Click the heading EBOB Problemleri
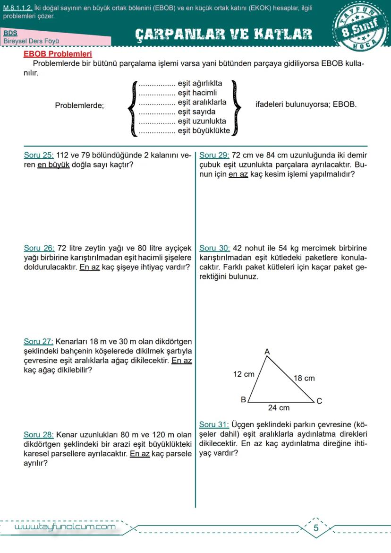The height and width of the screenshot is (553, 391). click(x=58, y=54)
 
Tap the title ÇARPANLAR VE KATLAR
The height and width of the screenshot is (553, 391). click(x=223, y=34)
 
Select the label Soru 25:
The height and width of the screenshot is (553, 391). click(x=39, y=155)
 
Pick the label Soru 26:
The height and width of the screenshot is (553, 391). click(x=39, y=248)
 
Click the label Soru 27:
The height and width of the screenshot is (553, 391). click(x=39, y=341)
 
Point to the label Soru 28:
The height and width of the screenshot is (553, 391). click(x=39, y=435)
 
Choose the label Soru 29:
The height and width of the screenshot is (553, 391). click(x=215, y=155)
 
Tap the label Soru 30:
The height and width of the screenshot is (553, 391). click(x=215, y=248)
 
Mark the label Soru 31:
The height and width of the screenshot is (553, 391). click(x=214, y=424)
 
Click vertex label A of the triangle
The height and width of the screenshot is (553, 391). click(x=267, y=352)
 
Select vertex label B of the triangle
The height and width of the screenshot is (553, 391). click(x=244, y=400)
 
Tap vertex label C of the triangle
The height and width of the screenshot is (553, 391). click(x=319, y=401)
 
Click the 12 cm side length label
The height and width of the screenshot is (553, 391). click(x=244, y=374)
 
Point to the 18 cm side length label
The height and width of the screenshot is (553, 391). click(x=304, y=378)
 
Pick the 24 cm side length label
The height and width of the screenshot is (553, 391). click(x=279, y=408)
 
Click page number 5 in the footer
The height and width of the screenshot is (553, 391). click(x=316, y=528)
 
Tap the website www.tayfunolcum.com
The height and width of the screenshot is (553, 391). click(x=65, y=527)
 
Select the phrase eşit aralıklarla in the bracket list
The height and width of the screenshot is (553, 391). click(x=202, y=102)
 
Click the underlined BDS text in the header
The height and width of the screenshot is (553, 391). click(x=10, y=34)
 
